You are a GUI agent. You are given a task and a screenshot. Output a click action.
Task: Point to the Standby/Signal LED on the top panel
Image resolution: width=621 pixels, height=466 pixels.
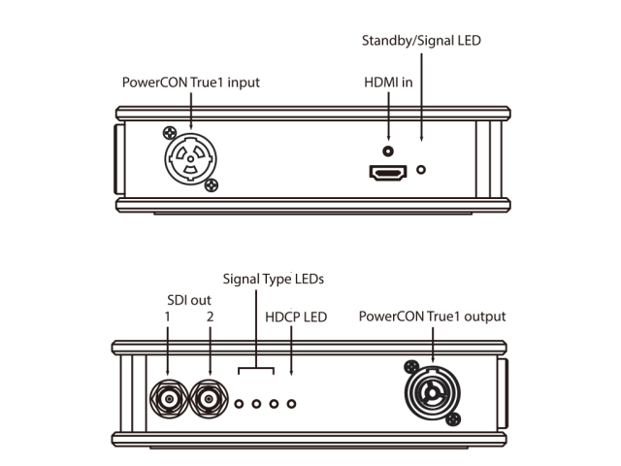pos(421,168)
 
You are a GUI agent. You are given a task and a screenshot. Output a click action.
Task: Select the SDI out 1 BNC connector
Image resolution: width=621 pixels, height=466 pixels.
pos(168,398)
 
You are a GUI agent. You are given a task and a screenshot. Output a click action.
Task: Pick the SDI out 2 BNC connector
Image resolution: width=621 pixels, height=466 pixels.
pos(208,398)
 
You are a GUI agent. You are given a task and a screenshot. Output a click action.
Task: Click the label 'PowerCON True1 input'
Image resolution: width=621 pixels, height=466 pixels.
pos(190,82)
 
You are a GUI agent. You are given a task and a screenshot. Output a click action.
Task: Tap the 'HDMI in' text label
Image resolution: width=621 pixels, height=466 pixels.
pos(388,83)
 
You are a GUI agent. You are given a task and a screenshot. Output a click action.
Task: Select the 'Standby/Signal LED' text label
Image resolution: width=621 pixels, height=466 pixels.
pos(420,41)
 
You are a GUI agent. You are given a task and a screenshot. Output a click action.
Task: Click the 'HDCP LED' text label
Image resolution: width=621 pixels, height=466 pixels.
pos(296,316)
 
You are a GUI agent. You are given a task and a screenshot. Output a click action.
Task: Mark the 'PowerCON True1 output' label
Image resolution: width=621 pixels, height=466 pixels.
pos(432,316)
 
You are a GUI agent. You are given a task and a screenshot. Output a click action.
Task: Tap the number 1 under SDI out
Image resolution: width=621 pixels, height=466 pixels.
pos(167,317)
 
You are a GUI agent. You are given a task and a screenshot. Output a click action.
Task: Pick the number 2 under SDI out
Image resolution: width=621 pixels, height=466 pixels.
pos(208,317)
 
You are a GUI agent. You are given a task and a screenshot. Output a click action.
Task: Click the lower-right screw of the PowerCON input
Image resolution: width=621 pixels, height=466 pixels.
pos(213,185)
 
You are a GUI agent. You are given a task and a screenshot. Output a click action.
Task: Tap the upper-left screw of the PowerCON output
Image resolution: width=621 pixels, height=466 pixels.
pos(410,367)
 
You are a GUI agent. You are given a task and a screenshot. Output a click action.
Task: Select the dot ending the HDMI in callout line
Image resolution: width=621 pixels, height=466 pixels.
pos(388,151)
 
